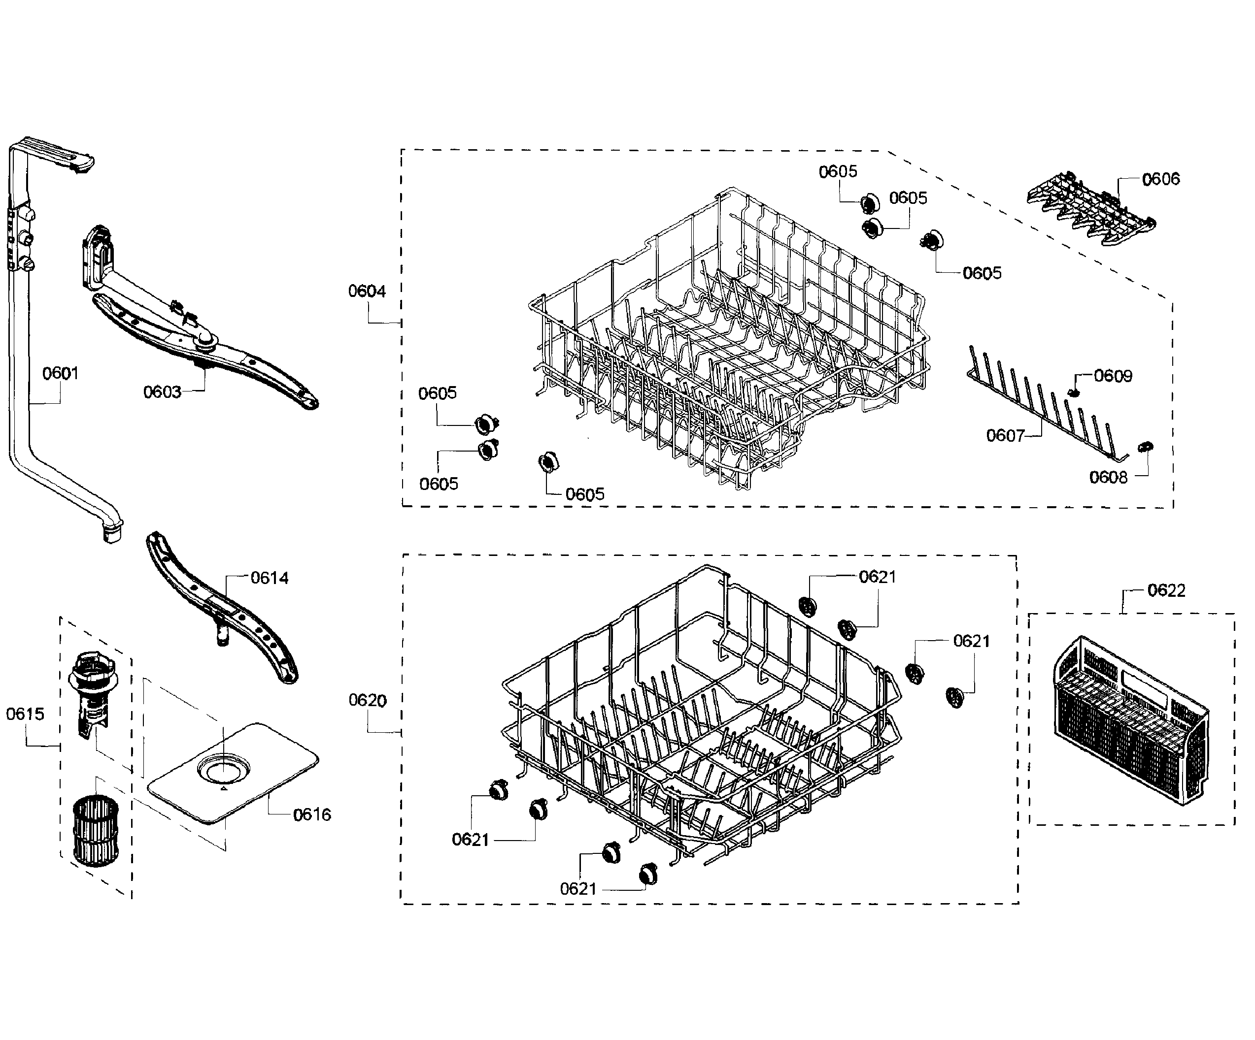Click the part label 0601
pyautogui.click(x=60, y=373)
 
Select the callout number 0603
pyautogui.click(x=162, y=392)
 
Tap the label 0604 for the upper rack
pyautogui.click(x=367, y=291)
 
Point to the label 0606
pyautogui.click(x=1160, y=179)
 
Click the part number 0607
pyautogui.click(x=1005, y=435)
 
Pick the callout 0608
pyautogui.click(x=1108, y=477)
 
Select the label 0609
pyautogui.click(x=1113, y=376)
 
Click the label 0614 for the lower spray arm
pyautogui.click(x=269, y=578)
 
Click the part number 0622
pyautogui.click(x=1166, y=590)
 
